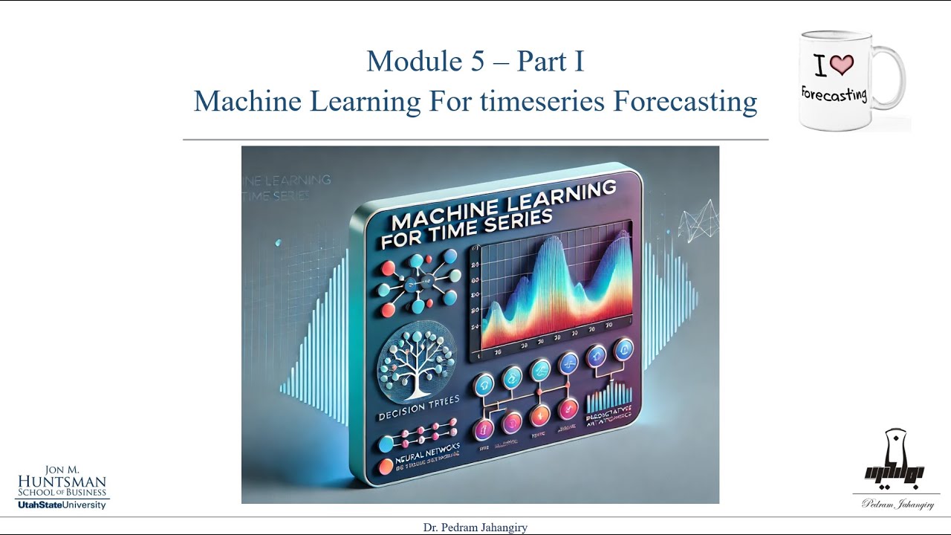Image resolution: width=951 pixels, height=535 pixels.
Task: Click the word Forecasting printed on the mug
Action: (834, 94)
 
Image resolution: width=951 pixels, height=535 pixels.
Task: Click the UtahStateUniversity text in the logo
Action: (62, 505)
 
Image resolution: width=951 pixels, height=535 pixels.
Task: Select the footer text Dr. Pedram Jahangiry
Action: (475, 527)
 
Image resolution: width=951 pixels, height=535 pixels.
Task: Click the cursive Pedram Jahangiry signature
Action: (898, 504)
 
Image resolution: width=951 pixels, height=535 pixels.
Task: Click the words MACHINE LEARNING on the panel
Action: (502, 206)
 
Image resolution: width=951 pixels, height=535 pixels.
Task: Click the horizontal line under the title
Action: (475, 139)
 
